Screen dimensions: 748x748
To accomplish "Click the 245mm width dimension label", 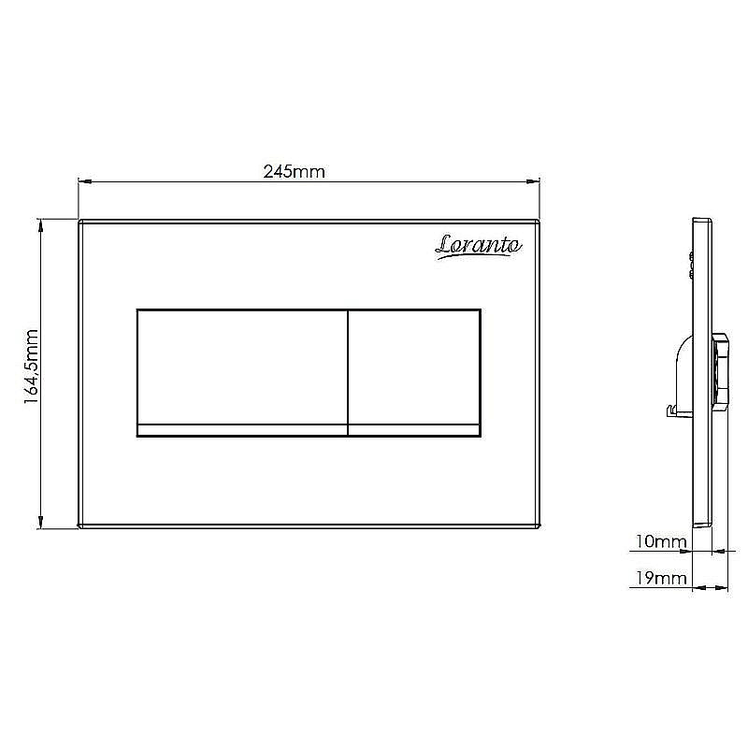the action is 294,171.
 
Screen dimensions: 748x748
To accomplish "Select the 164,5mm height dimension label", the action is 32,367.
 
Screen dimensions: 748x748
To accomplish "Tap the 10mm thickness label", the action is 661,541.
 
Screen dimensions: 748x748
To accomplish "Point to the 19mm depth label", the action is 661,578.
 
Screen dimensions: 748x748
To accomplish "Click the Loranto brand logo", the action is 479,246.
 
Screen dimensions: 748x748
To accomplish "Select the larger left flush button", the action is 242,367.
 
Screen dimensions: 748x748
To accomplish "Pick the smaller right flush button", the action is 414,367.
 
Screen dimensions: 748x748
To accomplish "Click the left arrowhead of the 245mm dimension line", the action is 84,181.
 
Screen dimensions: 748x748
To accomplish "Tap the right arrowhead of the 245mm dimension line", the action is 532,181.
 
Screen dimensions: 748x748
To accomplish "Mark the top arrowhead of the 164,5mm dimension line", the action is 41,225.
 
